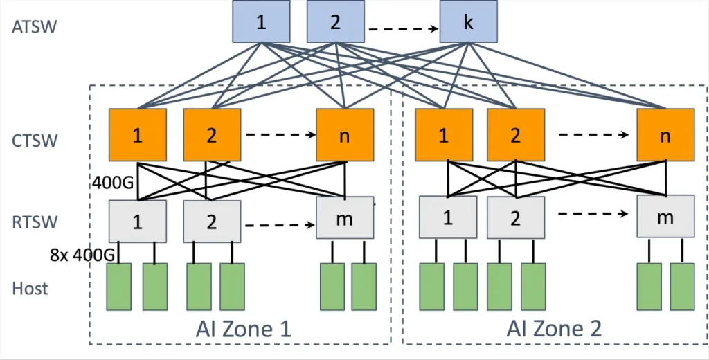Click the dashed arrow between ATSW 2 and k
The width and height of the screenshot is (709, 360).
tap(403, 29)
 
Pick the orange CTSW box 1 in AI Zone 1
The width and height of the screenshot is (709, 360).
tap(138, 135)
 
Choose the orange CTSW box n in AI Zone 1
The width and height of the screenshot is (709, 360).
tap(345, 135)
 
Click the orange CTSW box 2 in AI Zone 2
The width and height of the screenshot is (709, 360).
tap(515, 135)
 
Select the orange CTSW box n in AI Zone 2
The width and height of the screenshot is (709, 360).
tap(665, 135)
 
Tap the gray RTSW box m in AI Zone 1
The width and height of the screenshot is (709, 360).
tap(345, 219)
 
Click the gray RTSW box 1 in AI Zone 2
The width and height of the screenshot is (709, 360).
tap(447, 217)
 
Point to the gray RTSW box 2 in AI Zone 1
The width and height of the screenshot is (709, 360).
tap(212, 222)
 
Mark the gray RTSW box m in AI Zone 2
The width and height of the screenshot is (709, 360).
tap(665, 217)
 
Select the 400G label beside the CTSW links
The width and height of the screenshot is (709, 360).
tap(113, 183)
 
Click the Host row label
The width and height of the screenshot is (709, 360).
tap(30, 287)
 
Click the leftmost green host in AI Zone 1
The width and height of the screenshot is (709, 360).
tap(118, 287)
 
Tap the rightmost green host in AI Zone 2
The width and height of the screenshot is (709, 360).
tap(682, 287)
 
